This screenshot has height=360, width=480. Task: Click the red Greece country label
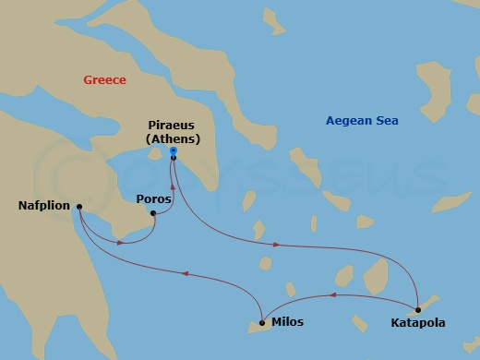click(x=104, y=80)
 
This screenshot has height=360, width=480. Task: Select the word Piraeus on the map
click(x=173, y=126)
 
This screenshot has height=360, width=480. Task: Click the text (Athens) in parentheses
click(x=173, y=140)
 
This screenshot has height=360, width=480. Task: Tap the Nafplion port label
click(x=43, y=206)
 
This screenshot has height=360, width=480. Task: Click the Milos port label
click(x=287, y=323)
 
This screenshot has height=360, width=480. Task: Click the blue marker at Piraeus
click(x=173, y=155)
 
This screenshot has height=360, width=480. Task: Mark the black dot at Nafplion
click(x=79, y=207)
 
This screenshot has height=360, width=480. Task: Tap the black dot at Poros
click(x=152, y=213)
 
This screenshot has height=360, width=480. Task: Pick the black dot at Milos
click(x=262, y=322)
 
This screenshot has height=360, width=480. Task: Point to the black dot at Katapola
click(x=417, y=309)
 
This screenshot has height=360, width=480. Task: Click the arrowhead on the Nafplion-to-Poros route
click(x=121, y=244)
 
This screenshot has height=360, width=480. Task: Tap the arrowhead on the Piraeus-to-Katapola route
click(x=278, y=245)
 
